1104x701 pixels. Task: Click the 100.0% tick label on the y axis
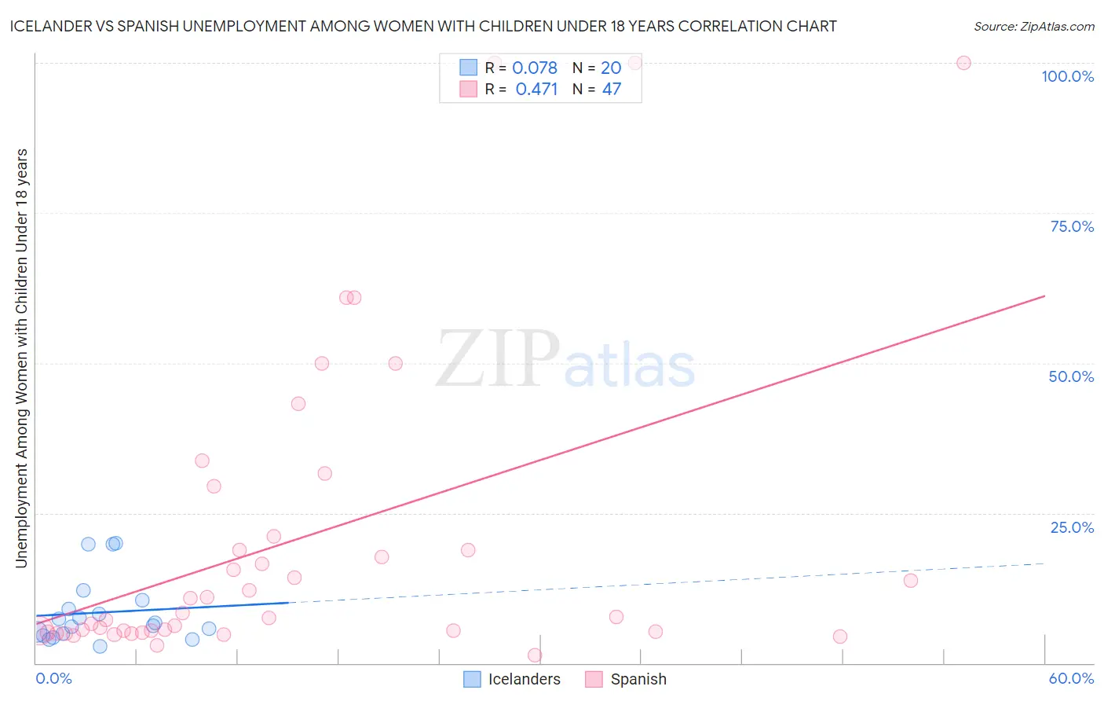point(1067,76)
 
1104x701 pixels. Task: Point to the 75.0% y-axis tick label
point(1072,226)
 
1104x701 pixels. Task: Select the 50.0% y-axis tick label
point(1071,376)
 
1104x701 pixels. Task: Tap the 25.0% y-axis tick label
point(1072,527)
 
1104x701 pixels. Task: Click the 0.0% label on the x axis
point(53,678)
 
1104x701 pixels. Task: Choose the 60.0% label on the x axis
point(1071,678)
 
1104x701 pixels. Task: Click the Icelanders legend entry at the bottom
point(524,679)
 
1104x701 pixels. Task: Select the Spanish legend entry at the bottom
point(638,679)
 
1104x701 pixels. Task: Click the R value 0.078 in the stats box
point(535,68)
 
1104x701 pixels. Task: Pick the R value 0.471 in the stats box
point(536,90)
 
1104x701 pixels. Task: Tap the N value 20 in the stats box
point(611,68)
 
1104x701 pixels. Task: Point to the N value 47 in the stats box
point(611,90)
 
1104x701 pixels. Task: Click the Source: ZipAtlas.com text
point(1033,26)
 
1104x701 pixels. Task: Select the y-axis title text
point(21,358)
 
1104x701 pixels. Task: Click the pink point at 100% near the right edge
point(963,63)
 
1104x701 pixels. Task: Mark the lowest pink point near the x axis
point(535,655)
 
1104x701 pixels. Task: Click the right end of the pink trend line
point(1044,296)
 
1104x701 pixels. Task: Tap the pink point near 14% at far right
point(911,581)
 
